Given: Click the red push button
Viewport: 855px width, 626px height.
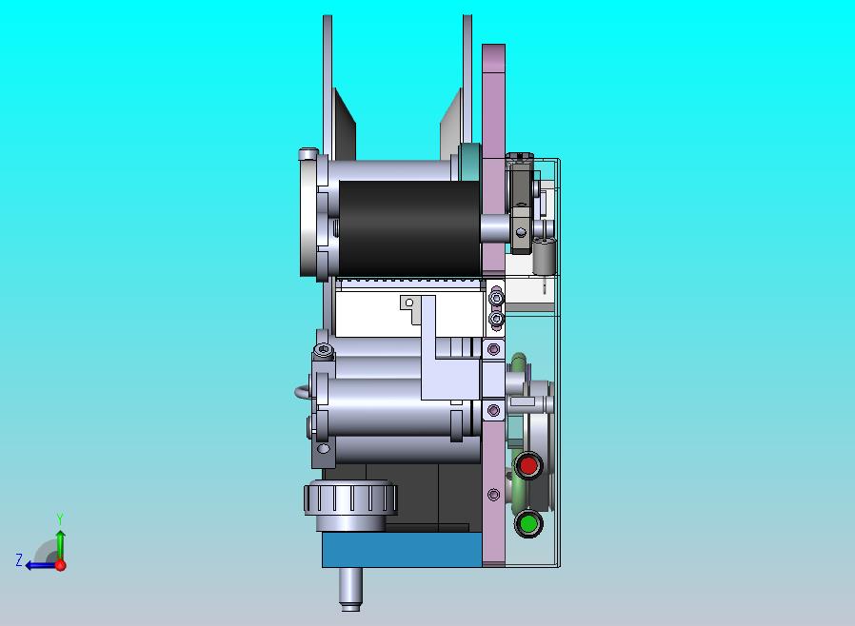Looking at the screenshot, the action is coord(527,466).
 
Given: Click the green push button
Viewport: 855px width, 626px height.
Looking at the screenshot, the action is coord(527,523).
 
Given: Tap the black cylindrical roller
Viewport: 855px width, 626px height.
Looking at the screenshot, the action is coord(409,228).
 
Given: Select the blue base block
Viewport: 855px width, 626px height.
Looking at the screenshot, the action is coord(402,550).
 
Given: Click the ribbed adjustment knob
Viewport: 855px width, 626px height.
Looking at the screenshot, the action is coord(350,498).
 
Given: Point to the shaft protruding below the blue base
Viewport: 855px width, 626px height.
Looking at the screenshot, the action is coord(350,589).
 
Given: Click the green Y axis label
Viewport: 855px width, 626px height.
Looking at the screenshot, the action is coord(60,518).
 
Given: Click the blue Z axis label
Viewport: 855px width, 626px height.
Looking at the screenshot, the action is coord(19,559).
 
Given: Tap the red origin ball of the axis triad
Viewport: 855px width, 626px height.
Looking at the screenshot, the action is coord(61,565).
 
